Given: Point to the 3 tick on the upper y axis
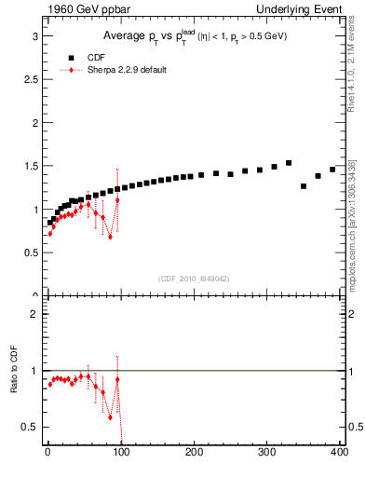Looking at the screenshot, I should pyautogui.click(x=36, y=35).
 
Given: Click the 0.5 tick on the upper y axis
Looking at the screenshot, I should pyautogui.click(x=34, y=252).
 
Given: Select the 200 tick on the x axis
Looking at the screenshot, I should pyautogui.click(x=195, y=452).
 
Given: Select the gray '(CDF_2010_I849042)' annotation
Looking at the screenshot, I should pyautogui.click(x=195, y=278).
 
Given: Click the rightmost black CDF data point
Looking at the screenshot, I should pyautogui.click(x=332, y=170).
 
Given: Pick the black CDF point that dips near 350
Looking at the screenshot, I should pyautogui.click(x=304, y=186).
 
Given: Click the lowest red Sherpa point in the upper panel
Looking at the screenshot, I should pyautogui.click(x=110, y=237).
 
